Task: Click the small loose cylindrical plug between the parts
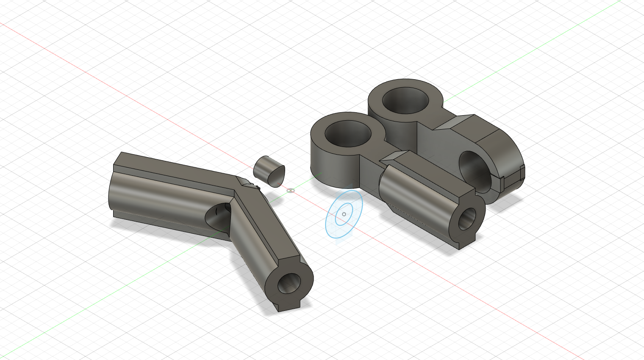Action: tap(268, 171)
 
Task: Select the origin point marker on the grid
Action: tap(290, 191)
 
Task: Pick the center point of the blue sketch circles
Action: tap(344, 214)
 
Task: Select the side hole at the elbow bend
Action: tap(217, 214)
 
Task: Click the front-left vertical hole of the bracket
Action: tap(348, 134)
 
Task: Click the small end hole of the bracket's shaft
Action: tap(467, 219)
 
